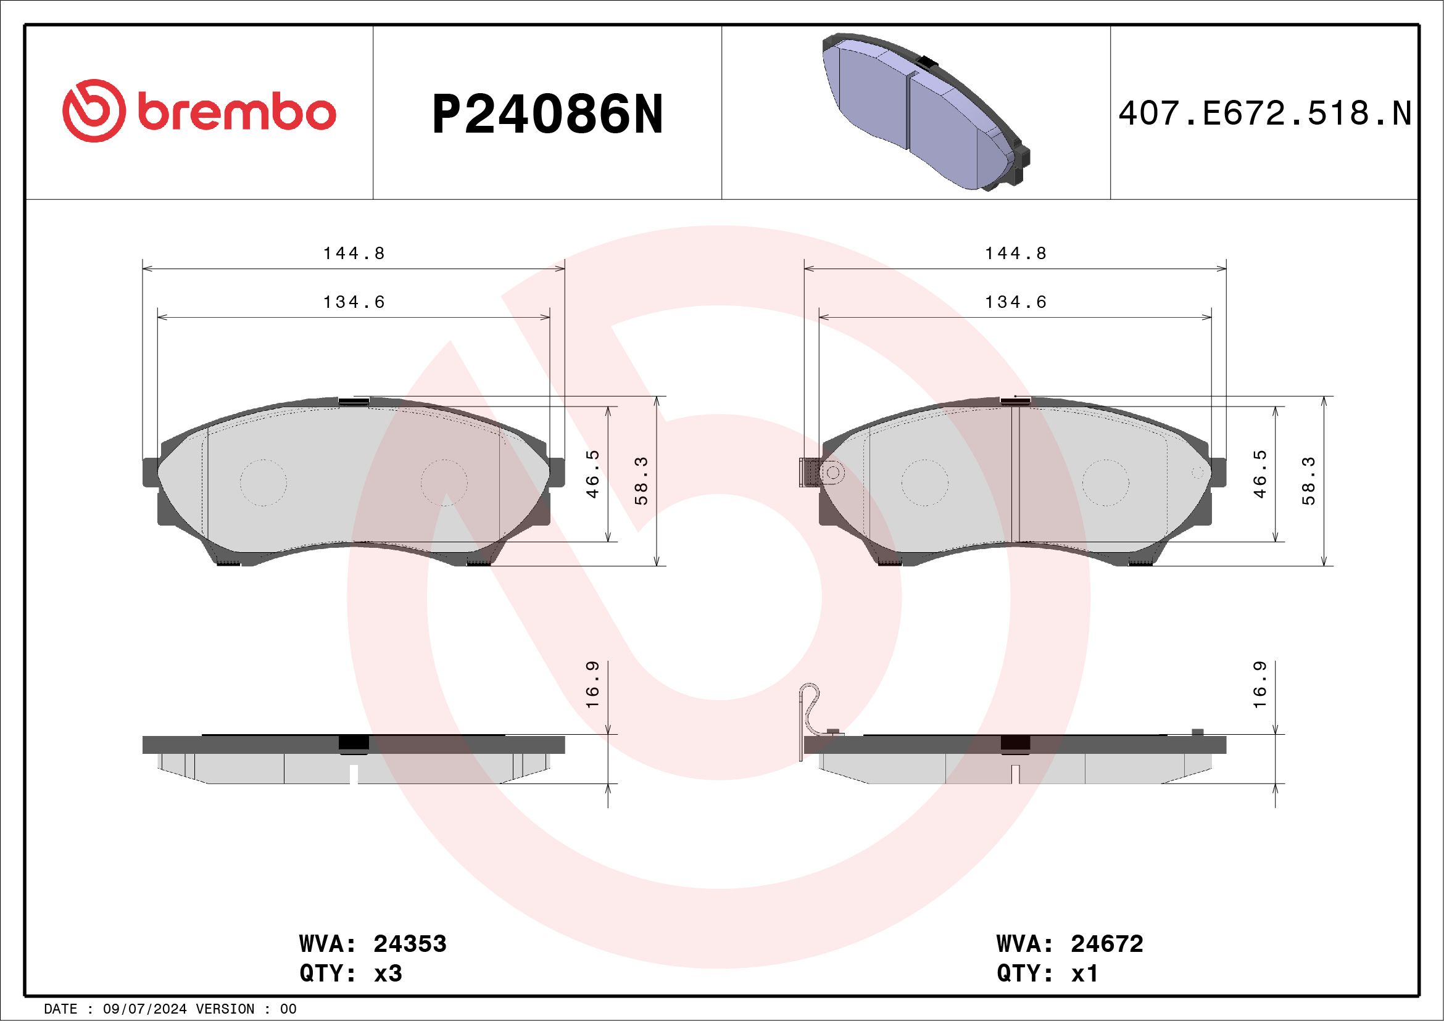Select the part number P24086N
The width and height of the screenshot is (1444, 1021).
[547, 115]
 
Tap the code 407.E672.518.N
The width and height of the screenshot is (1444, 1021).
[1265, 114]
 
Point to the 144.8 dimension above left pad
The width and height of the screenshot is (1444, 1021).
[354, 253]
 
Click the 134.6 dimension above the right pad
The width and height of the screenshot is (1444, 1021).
[1015, 302]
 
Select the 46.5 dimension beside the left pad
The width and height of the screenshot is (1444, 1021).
[592, 473]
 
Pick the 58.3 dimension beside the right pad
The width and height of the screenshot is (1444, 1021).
[1309, 481]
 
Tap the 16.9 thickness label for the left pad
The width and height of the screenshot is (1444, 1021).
[592, 685]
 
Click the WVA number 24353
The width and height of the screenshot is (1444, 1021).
[409, 944]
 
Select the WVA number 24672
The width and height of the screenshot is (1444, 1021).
[1106, 944]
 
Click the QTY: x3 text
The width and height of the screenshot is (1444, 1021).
[351, 973]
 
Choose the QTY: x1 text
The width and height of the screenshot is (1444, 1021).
[1047, 973]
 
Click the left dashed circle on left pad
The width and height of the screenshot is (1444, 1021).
[263, 482]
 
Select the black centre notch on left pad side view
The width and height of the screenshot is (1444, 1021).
[354, 743]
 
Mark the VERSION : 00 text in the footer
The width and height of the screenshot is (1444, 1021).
[246, 1009]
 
